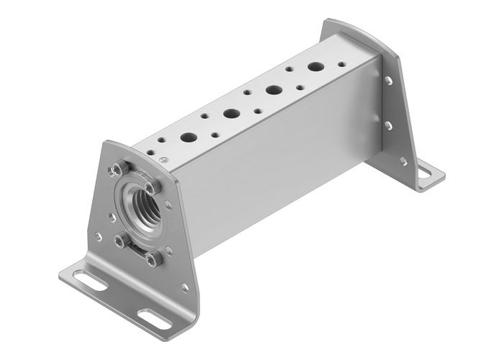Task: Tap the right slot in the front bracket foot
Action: tap(151, 315)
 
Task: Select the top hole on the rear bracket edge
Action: tap(389, 81)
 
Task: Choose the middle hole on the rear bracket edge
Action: tap(389, 125)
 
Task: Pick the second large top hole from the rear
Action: tap(274, 91)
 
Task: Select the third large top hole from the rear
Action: tap(231, 113)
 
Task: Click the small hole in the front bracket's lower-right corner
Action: tap(186, 286)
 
